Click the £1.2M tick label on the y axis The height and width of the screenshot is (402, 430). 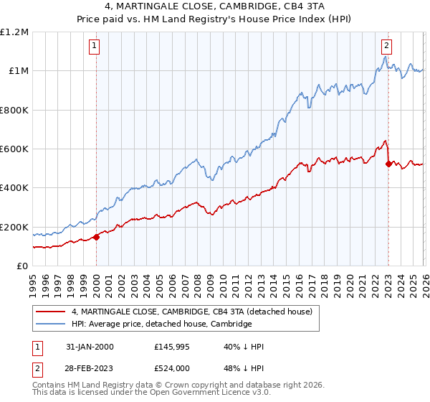(14, 32)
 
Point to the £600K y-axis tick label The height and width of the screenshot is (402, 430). (14, 149)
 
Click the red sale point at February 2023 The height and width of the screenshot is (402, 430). (388, 164)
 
